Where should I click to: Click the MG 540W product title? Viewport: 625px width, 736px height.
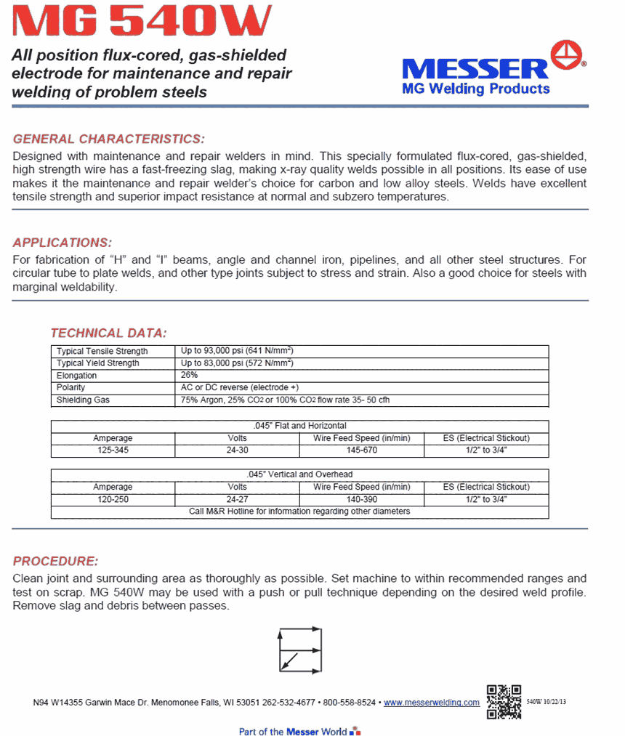pos(142,22)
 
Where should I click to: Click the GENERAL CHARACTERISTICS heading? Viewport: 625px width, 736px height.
pos(109,139)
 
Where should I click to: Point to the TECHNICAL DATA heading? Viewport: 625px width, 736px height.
pos(108,333)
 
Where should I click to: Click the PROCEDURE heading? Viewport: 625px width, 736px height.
pos(55,562)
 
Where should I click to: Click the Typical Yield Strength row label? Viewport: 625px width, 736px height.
pos(98,363)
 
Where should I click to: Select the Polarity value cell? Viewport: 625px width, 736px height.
pos(240,388)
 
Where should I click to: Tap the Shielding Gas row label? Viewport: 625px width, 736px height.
pos(83,400)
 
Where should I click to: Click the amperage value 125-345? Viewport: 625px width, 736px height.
pos(113,450)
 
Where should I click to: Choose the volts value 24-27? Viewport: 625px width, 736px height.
pos(237,499)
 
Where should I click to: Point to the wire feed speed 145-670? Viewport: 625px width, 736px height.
pos(361,450)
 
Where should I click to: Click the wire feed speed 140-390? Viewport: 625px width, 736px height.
pos(361,499)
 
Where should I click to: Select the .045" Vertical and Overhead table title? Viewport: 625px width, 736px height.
pos(299,474)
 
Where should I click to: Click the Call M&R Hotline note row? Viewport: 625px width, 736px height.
pos(299,511)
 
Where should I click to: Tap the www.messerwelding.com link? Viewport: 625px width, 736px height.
pos(432,703)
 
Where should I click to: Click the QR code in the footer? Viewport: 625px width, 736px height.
pos(504,701)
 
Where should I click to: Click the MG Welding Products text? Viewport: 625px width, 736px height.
pos(476,89)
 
